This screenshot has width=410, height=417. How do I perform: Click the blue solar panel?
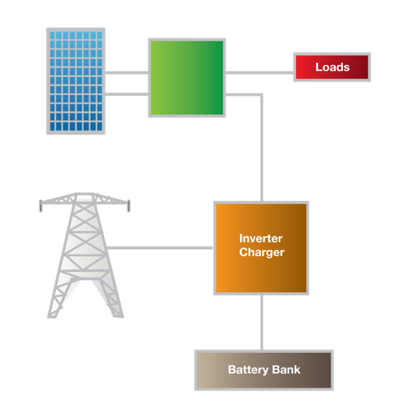[75, 82]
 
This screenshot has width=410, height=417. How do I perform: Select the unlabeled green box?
[187, 77]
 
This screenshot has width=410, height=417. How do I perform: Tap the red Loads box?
[331, 67]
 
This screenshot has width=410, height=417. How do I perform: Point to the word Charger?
[261, 252]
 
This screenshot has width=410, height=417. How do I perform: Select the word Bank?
[286, 370]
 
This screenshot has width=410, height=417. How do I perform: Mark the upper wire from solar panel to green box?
[126, 73]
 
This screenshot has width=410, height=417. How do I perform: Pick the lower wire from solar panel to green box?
[126, 94]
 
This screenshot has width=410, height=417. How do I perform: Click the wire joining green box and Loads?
[259, 73]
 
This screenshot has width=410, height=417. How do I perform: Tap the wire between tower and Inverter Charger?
[162, 247]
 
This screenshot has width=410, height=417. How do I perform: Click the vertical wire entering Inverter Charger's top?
[262, 166]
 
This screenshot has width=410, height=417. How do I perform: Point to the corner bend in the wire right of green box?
[262, 94]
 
